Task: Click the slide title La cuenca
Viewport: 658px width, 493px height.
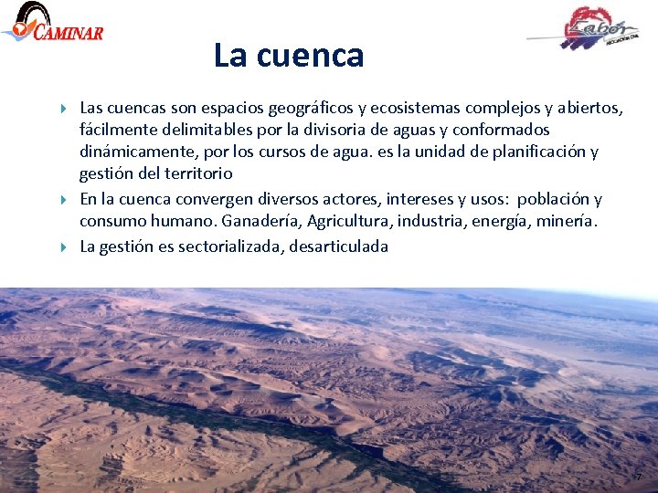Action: click(289, 56)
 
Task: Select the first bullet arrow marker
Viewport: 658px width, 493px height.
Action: click(63, 109)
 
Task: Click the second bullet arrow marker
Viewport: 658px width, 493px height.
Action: click(63, 199)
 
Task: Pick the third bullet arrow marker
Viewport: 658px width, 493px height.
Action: click(63, 246)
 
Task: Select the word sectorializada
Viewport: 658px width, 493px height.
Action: click(231, 246)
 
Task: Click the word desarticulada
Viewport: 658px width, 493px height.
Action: click(338, 246)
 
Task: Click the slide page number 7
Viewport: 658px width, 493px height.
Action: click(639, 477)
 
